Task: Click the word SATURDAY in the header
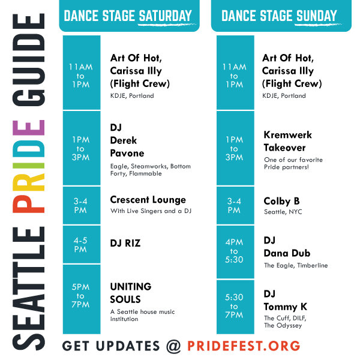coord(165,16)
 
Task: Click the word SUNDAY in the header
coord(316,16)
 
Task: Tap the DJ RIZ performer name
coord(125,243)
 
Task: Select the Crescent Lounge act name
coord(148,200)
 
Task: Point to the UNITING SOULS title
coord(131,293)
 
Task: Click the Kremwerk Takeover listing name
coord(287,141)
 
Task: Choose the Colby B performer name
coord(282,201)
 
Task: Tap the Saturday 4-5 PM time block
coord(82,245)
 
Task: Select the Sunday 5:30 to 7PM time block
coord(235,307)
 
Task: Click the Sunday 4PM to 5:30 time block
coord(235,252)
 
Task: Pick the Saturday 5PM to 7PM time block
coord(82,299)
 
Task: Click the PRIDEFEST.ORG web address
coord(244,346)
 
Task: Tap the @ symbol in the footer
coord(174,346)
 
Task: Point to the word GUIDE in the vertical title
coord(29,59)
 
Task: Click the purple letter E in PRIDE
coord(29,128)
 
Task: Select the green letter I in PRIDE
coord(29,166)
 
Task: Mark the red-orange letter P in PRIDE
coord(29,204)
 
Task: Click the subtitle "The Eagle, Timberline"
coord(296,266)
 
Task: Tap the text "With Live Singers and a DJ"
coord(151,211)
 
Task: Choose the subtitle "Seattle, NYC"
coord(283,212)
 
